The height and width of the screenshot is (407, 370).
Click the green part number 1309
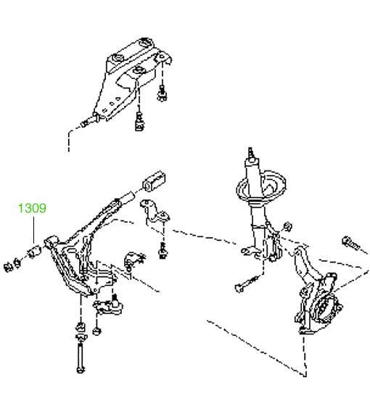[x=32, y=208]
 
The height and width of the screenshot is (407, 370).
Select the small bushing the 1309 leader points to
[x=35, y=251]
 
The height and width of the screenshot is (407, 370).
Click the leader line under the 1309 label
[x=34, y=230]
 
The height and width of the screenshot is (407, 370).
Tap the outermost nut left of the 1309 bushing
[x=8, y=266]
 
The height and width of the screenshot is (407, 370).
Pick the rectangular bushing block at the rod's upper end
[x=155, y=181]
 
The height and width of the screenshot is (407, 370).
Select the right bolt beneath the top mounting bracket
[x=163, y=93]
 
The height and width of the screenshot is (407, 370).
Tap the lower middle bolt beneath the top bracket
[x=139, y=122]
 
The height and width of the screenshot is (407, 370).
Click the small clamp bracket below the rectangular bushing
[x=155, y=213]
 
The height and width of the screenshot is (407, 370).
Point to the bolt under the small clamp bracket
[x=163, y=251]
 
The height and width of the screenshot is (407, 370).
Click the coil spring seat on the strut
[x=261, y=186]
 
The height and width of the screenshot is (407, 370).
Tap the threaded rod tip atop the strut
[x=250, y=152]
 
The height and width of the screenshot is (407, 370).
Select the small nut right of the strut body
[x=288, y=226]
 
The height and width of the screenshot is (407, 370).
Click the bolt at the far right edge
[x=351, y=243]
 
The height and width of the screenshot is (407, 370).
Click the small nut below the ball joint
[x=96, y=332]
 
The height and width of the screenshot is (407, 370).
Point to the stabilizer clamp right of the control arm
[x=135, y=260]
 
